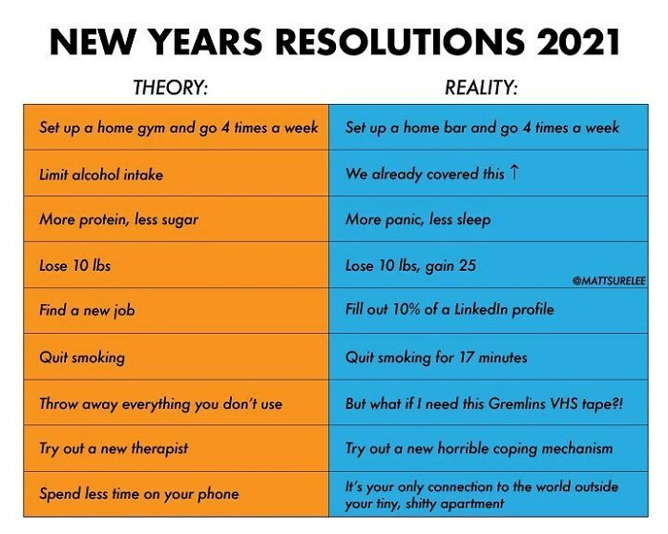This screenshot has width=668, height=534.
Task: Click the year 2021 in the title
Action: pos(570,42)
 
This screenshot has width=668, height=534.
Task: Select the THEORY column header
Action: pos(170,89)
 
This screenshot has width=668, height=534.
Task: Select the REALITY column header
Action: pos(481,89)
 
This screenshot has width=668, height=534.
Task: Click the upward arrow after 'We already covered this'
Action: pos(515,173)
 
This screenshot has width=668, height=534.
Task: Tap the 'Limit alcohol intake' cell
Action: pos(101,174)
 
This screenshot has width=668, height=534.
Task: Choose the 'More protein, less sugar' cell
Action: pos(118,219)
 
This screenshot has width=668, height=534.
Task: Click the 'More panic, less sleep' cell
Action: pos(418,219)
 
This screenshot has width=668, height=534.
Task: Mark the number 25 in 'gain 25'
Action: pos(466,265)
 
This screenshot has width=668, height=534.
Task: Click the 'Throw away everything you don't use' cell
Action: pos(160,402)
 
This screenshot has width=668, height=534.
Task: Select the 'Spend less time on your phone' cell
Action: pos(138,494)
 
